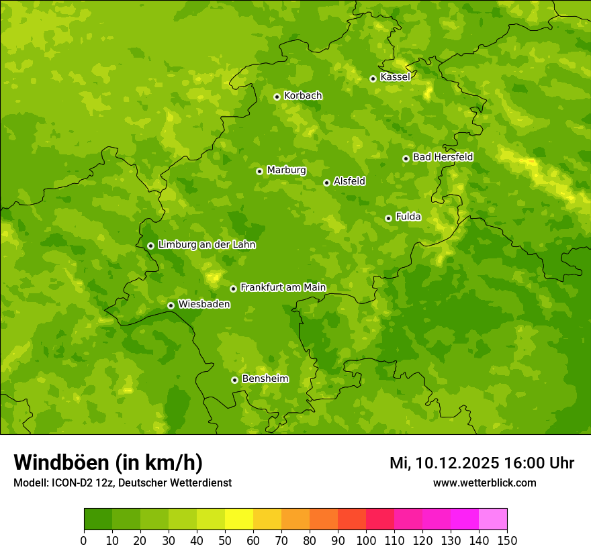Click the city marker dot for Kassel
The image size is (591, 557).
373,79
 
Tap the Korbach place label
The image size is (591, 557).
303,96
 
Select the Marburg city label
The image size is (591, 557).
286,170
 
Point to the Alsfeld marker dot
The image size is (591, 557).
326,183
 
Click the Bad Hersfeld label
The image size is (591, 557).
443,157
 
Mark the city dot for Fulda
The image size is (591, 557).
388,218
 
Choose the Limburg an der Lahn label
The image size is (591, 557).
206,245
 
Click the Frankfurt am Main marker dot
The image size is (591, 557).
233,289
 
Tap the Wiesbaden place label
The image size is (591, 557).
204,304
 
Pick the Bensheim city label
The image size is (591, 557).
265,378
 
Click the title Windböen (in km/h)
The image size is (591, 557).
108,462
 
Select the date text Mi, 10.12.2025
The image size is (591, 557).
444,463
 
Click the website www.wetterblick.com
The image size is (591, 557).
484,483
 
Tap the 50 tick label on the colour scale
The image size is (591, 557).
225,540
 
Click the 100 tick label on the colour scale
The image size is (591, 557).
366,540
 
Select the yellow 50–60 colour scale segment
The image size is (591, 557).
239,519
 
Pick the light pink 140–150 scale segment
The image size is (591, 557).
493,519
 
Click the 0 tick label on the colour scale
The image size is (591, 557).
84,540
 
